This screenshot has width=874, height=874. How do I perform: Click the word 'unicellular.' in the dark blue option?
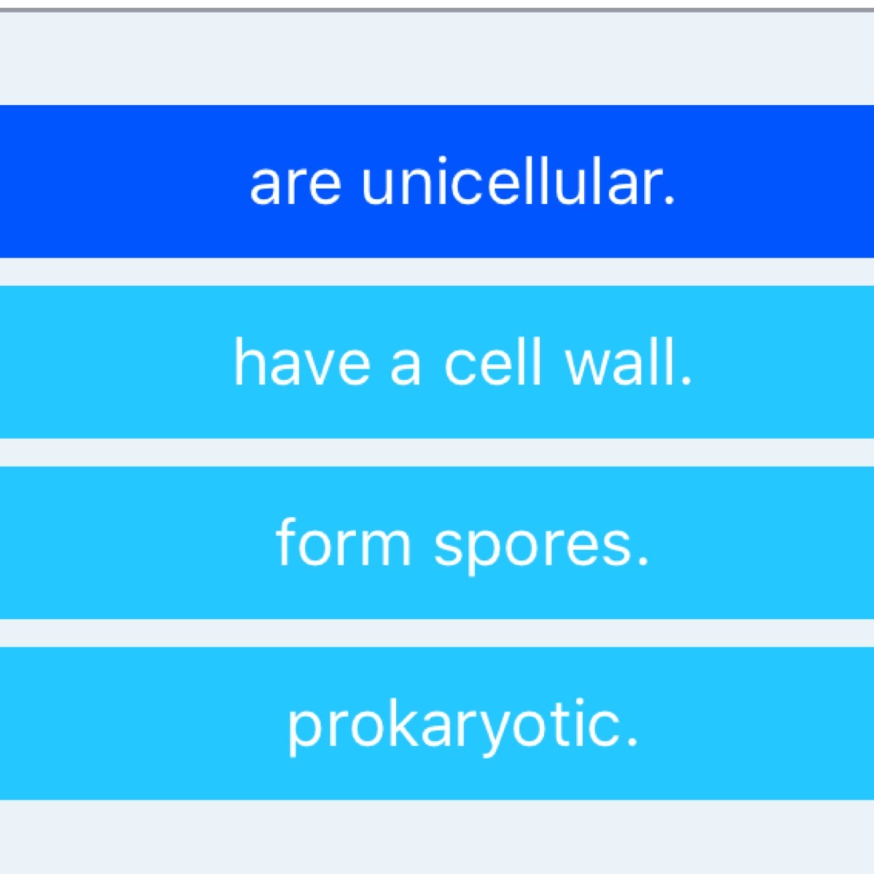tap(518, 181)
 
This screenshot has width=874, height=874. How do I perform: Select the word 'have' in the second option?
tap(302, 363)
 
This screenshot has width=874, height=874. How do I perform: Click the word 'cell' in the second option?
tap(493, 363)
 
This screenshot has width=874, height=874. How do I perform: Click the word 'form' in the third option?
tap(343, 542)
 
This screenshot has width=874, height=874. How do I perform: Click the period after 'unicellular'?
tap(669, 201)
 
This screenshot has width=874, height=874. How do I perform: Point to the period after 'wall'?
tap(686, 381)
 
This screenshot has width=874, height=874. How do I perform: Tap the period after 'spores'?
tap(643, 562)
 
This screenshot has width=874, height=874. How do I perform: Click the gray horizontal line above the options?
tap(437, 10)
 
